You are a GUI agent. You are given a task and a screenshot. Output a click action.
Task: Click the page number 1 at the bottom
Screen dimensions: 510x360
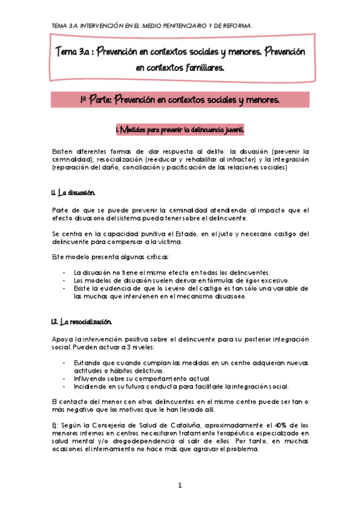point(180,485)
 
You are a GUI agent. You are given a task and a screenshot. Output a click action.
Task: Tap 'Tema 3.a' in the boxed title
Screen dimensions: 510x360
point(75,52)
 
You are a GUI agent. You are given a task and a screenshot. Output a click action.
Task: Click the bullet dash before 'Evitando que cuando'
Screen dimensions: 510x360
point(64,363)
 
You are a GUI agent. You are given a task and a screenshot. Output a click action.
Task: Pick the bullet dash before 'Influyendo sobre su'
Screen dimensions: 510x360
point(64,379)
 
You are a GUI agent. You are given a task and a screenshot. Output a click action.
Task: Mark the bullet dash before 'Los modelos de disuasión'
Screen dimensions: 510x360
point(64,280)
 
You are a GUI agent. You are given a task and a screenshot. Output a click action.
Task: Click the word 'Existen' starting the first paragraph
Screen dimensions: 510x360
point(63,151)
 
